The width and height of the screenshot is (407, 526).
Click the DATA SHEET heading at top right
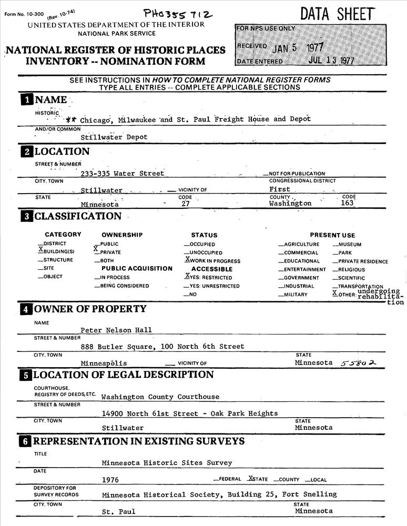click(x=338, y=14)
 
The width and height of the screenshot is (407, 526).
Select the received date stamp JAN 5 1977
click(x=298, y=47)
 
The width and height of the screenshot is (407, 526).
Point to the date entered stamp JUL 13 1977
click(x=331, y=60)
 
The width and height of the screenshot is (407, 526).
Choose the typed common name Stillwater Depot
click(x=114, y=137)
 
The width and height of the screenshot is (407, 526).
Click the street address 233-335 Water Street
click(x=123, y=173)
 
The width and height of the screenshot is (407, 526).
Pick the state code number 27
click(x=181, y=204)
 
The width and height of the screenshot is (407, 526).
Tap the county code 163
click(x=348, y=203)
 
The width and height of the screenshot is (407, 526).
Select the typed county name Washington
click(x=290, y=203)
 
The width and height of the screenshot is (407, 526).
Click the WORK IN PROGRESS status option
click(x=212, y=260)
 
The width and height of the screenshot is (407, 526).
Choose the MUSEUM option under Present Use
click(x=347, y=244)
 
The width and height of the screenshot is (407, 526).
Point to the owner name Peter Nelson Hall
click(x=116, y=330)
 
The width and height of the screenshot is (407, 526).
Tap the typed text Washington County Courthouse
click(x=160, y=397)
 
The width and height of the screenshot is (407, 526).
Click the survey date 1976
click(x=110, y=480)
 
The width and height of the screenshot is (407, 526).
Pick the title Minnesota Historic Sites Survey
click(x=167, y=463)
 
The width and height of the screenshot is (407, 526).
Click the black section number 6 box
click(x=26, y=441)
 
